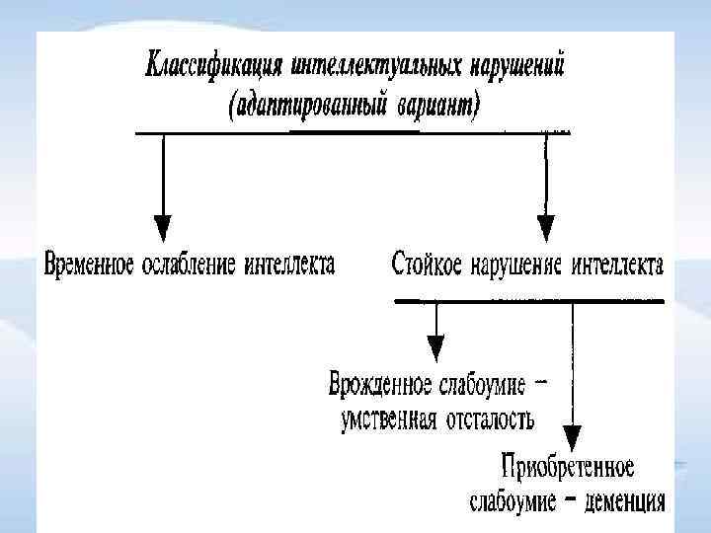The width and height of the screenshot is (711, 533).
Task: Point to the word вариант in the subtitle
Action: [x=441, y=105]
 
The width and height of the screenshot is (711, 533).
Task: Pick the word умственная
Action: [x=388, y=419]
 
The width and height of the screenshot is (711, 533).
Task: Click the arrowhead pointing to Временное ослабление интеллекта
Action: [x=164, y=224]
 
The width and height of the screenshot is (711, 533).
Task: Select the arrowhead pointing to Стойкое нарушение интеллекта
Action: [x=546, y=224]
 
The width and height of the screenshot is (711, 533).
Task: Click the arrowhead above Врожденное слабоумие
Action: [x=435, y=348]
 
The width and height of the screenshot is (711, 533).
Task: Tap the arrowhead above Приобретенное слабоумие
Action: [x=573, y=435]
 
